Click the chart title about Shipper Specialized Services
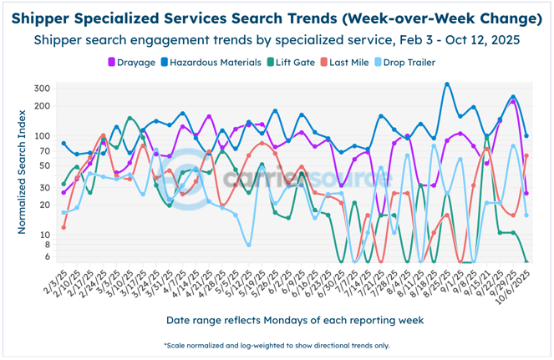pyautogui.click(x=277, y=18)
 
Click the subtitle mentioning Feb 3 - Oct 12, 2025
pyautogui.click(x=277, y=39)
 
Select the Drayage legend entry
pyautogui.click(x=137, y=62)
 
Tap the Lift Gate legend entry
pyautogui.click(x=293, y=62)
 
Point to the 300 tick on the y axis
pyautogui.click(x=42, y=89)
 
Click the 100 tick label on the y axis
pyautogui.click(x=42, y=135)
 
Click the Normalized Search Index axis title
pyautogui.click(x=18, y=174)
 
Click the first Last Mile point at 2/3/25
pyautogui.click(x=64, y=226)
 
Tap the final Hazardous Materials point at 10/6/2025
pyautogui.click(x=526, y=135)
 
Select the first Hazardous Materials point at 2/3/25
pyautogui.click(x=64, y=144)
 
